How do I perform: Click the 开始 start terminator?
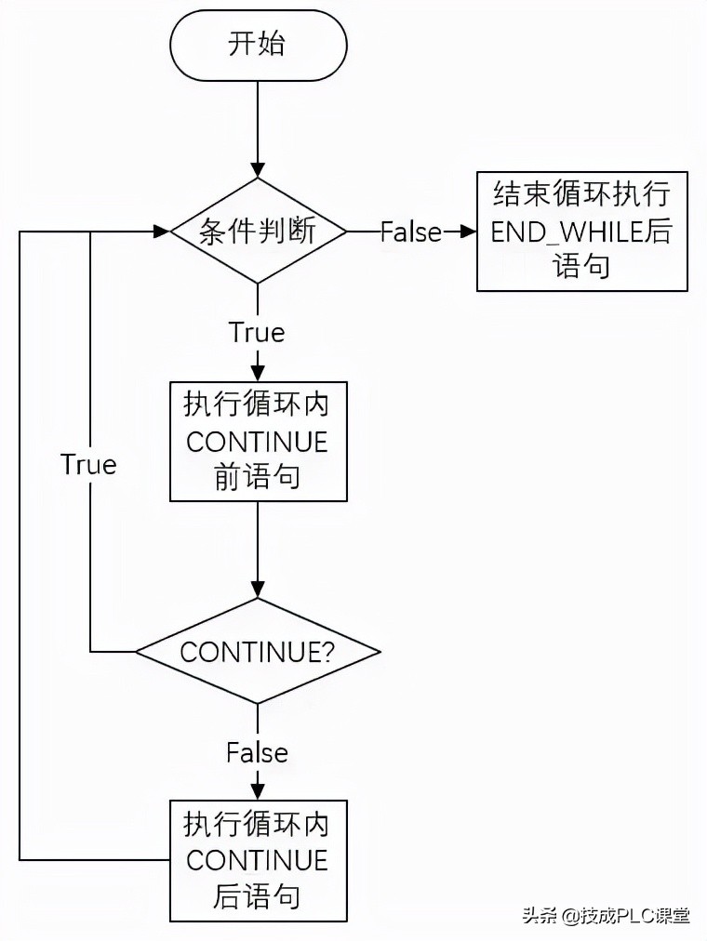pos(259,45)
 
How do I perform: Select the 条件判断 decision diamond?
pos(259,232)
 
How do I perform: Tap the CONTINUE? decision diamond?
pos(258,651)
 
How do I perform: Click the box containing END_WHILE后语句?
pos(581,232)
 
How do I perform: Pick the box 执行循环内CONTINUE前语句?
pos(258,441)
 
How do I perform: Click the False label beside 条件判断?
pos(410,232)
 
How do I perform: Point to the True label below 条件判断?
pos(257,332)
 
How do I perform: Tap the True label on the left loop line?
pos(88,464)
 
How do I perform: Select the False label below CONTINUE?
pos(257,751)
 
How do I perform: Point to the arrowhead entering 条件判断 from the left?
pos(160,232)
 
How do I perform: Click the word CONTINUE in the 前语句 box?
pos(258,442)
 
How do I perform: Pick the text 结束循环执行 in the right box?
pos(581,196)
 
